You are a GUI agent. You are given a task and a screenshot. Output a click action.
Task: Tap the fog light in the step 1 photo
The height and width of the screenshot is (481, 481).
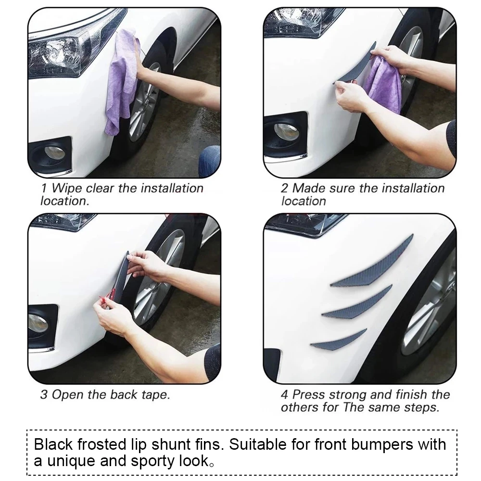(53, 153)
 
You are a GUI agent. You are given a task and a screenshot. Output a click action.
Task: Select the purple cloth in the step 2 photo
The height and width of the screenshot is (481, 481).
(382, 84)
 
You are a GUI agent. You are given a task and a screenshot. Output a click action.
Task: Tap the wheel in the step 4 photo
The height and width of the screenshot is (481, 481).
(430, 308)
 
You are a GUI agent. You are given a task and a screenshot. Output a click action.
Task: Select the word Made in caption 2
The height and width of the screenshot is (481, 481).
(308, 188)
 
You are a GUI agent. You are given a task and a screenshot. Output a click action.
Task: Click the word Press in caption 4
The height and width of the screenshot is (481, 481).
(309, 395)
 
